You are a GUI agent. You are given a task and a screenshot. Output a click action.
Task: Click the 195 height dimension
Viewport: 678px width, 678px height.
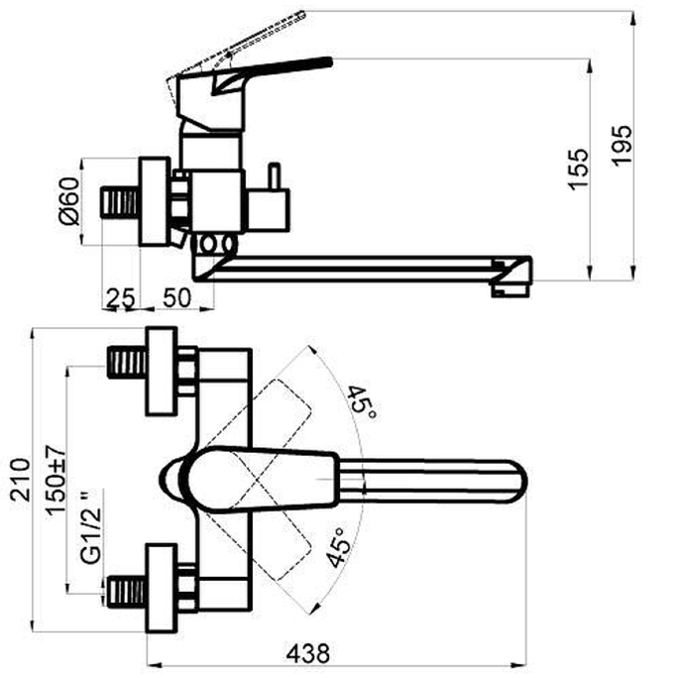click(621, 145)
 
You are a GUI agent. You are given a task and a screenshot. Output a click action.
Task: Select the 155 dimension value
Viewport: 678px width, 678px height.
click(579, 169)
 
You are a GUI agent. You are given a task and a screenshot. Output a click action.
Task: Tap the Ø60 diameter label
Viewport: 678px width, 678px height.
click(70, 201)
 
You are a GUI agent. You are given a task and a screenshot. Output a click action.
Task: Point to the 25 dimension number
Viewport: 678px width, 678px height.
click(121, 298)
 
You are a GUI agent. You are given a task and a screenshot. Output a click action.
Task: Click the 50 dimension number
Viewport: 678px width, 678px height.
click(176, 297)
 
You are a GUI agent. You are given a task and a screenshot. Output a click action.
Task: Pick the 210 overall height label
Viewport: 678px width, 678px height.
click(21, 480)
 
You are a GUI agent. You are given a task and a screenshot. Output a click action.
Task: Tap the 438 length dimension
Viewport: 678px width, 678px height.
click(308, 653)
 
